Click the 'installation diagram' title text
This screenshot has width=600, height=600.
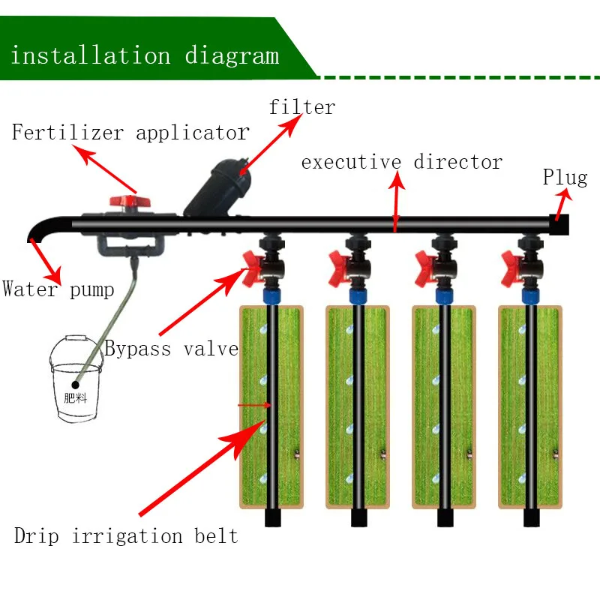click(x=144, y=56)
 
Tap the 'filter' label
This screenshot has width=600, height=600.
click(x=301, y=107)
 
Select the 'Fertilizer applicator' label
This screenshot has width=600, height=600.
click(x=130, y=133)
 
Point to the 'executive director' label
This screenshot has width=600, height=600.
click(x=401, y=162)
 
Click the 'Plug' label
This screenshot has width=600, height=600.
click(x=565, y=178)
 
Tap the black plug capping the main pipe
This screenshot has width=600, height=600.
click(x=559, y=223)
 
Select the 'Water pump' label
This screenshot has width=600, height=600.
click(x=58, y=289)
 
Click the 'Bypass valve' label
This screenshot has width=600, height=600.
click(x=171, y=348)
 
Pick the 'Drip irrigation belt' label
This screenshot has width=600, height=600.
click(x=126, y=536)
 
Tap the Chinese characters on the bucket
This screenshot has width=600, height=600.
click(x=76, y=397)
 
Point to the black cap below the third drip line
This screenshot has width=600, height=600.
click(x=445, y=517)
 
